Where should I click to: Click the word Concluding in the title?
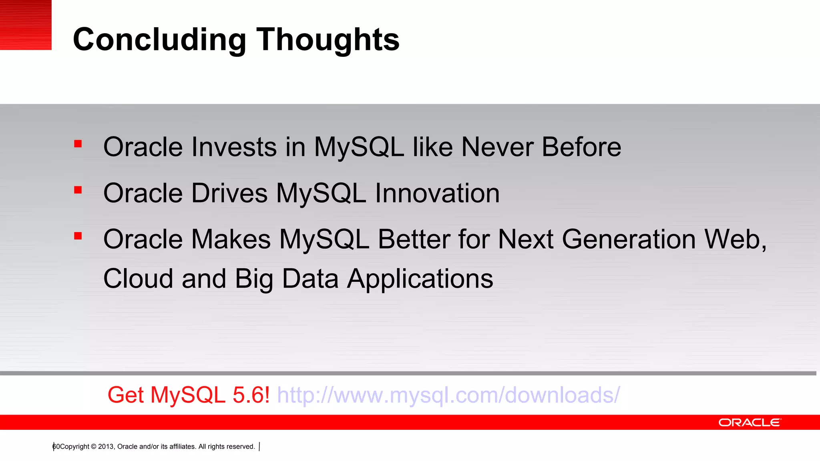[159, 40]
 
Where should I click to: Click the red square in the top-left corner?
[26, 25]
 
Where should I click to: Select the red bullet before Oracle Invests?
[78, 144]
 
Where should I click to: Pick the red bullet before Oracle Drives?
[78, 190]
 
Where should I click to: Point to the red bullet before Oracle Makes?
[78, 236]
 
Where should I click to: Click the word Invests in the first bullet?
[234, 147]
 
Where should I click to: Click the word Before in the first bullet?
[581, 147]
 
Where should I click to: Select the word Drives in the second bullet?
[229, 194]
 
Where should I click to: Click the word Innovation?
[437, 194]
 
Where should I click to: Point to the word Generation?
[629, 240]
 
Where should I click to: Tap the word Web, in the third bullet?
[735, 240]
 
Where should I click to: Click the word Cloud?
[138, 279]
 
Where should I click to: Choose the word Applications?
[420, 279]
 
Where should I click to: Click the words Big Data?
[287, 279]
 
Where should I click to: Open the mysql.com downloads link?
[448, 395]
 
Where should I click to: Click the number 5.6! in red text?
[251, 395]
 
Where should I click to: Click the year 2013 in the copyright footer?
[106, 447]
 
